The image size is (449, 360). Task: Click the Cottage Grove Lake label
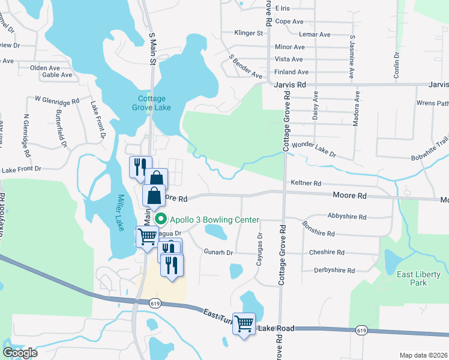154,103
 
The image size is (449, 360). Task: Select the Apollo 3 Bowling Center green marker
160,220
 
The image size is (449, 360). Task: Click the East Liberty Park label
419,278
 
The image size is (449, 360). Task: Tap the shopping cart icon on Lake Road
244,324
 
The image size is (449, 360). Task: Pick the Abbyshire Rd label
347,216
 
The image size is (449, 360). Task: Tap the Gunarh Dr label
218,253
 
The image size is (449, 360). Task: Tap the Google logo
20,352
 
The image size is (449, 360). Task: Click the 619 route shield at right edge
361,330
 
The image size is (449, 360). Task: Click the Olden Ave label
45,68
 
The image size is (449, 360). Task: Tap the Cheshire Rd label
327,253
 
